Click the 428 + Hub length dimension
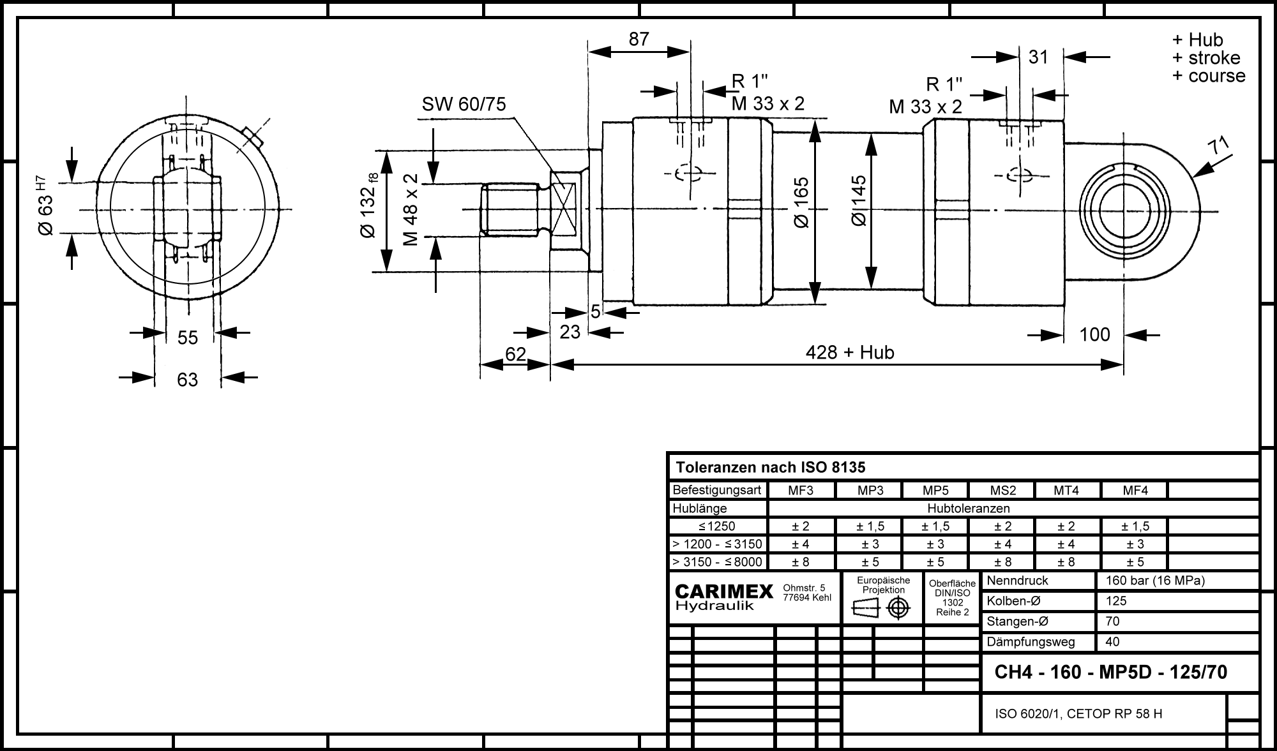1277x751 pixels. coord(849,352)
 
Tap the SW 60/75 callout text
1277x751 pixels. coord(464,104)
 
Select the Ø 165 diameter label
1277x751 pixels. coord(801,202)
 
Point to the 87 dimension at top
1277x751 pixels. coord(638,39)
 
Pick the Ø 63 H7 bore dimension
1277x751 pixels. coord(47,208)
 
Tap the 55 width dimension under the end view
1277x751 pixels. coord(188,338)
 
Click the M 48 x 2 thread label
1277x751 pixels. coord(411,209)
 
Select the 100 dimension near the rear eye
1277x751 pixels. coord(1094,334)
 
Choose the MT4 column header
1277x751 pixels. coord(1066,491)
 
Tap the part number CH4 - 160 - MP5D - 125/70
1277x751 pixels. coord(1111,673)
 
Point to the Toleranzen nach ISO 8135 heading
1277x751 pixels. coord(771,468)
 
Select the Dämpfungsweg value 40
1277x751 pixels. coord(1112,642)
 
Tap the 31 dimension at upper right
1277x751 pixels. coord(1038,57)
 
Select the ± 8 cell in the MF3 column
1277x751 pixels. coord(801,562)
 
